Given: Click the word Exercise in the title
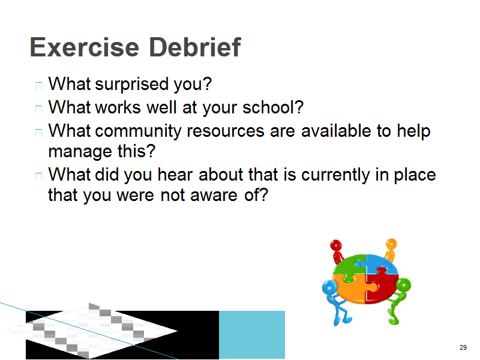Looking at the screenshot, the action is tap(85, 47).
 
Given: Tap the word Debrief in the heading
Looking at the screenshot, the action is tap(195, 47).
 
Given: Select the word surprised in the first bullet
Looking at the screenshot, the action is tap(132, 84).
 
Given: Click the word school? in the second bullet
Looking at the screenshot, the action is tap(273, 107).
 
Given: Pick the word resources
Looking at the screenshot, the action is tap(226, 131).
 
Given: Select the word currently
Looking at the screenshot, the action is tap(335, 175).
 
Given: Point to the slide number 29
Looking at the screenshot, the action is tap(463, 347).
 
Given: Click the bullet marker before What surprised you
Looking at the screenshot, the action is tap(38, 86).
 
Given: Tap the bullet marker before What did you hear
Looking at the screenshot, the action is tap(38, 176).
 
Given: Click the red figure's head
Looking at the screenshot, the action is tap(336, 245).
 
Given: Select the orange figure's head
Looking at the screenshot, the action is tap(391, 244).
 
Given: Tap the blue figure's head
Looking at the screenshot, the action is tap(329, 288).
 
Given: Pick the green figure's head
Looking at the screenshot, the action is tap(403, 285).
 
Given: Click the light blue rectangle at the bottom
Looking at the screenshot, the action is tap(252, 335).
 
